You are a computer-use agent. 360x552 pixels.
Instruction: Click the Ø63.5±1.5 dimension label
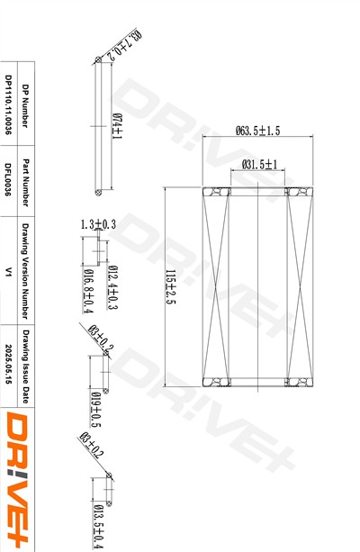tap(257, 131)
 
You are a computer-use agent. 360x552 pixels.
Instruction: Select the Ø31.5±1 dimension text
tap(260, 165)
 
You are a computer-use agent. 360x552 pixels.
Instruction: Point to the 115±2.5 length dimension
tap(171, 287)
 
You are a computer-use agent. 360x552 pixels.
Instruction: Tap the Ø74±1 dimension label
tap(117, 126)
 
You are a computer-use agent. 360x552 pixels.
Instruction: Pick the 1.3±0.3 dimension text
tap(98, 224)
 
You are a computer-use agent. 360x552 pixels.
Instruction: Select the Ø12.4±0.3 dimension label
tap(112, 287)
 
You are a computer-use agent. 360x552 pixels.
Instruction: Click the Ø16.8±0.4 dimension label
tap(88, 292)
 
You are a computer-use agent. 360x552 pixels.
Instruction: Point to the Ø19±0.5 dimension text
tap(95, 410)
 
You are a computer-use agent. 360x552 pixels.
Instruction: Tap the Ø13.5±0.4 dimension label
tap(98, 527)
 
